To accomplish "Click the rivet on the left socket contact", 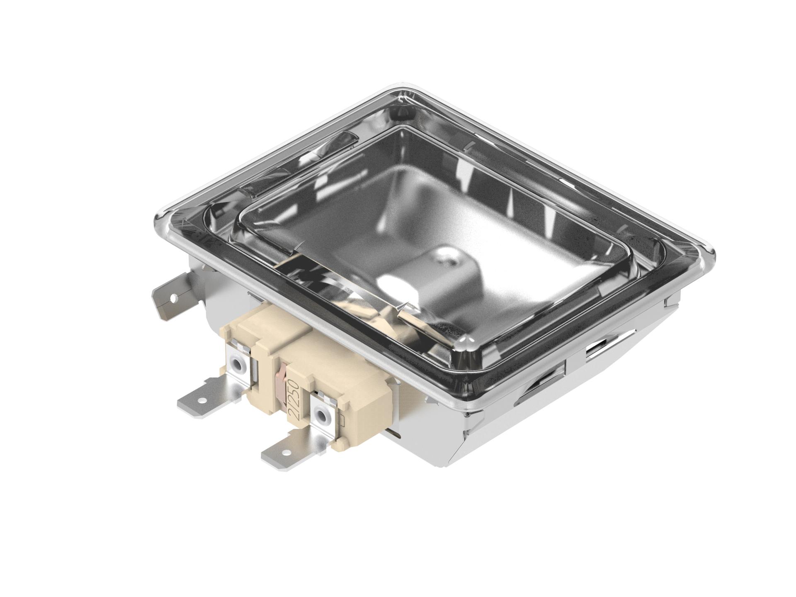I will click(237, 365).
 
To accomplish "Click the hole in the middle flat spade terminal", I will click(201, 401).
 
